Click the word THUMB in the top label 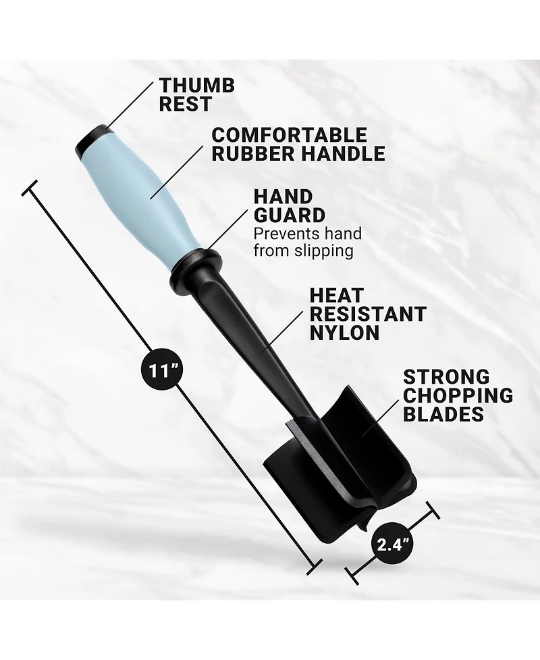[197, 85]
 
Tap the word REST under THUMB [185, 104]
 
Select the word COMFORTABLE [290, 135]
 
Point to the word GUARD [290, 215]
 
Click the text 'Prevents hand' [307, 233]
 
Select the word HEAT [336, 295]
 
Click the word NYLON [344, 332]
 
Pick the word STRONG [447, 377]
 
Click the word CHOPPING [458, 395]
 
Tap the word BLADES [443, 413]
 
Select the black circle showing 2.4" [392, 545]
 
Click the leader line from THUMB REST [130, 105]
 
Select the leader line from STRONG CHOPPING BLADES [381, 417]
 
